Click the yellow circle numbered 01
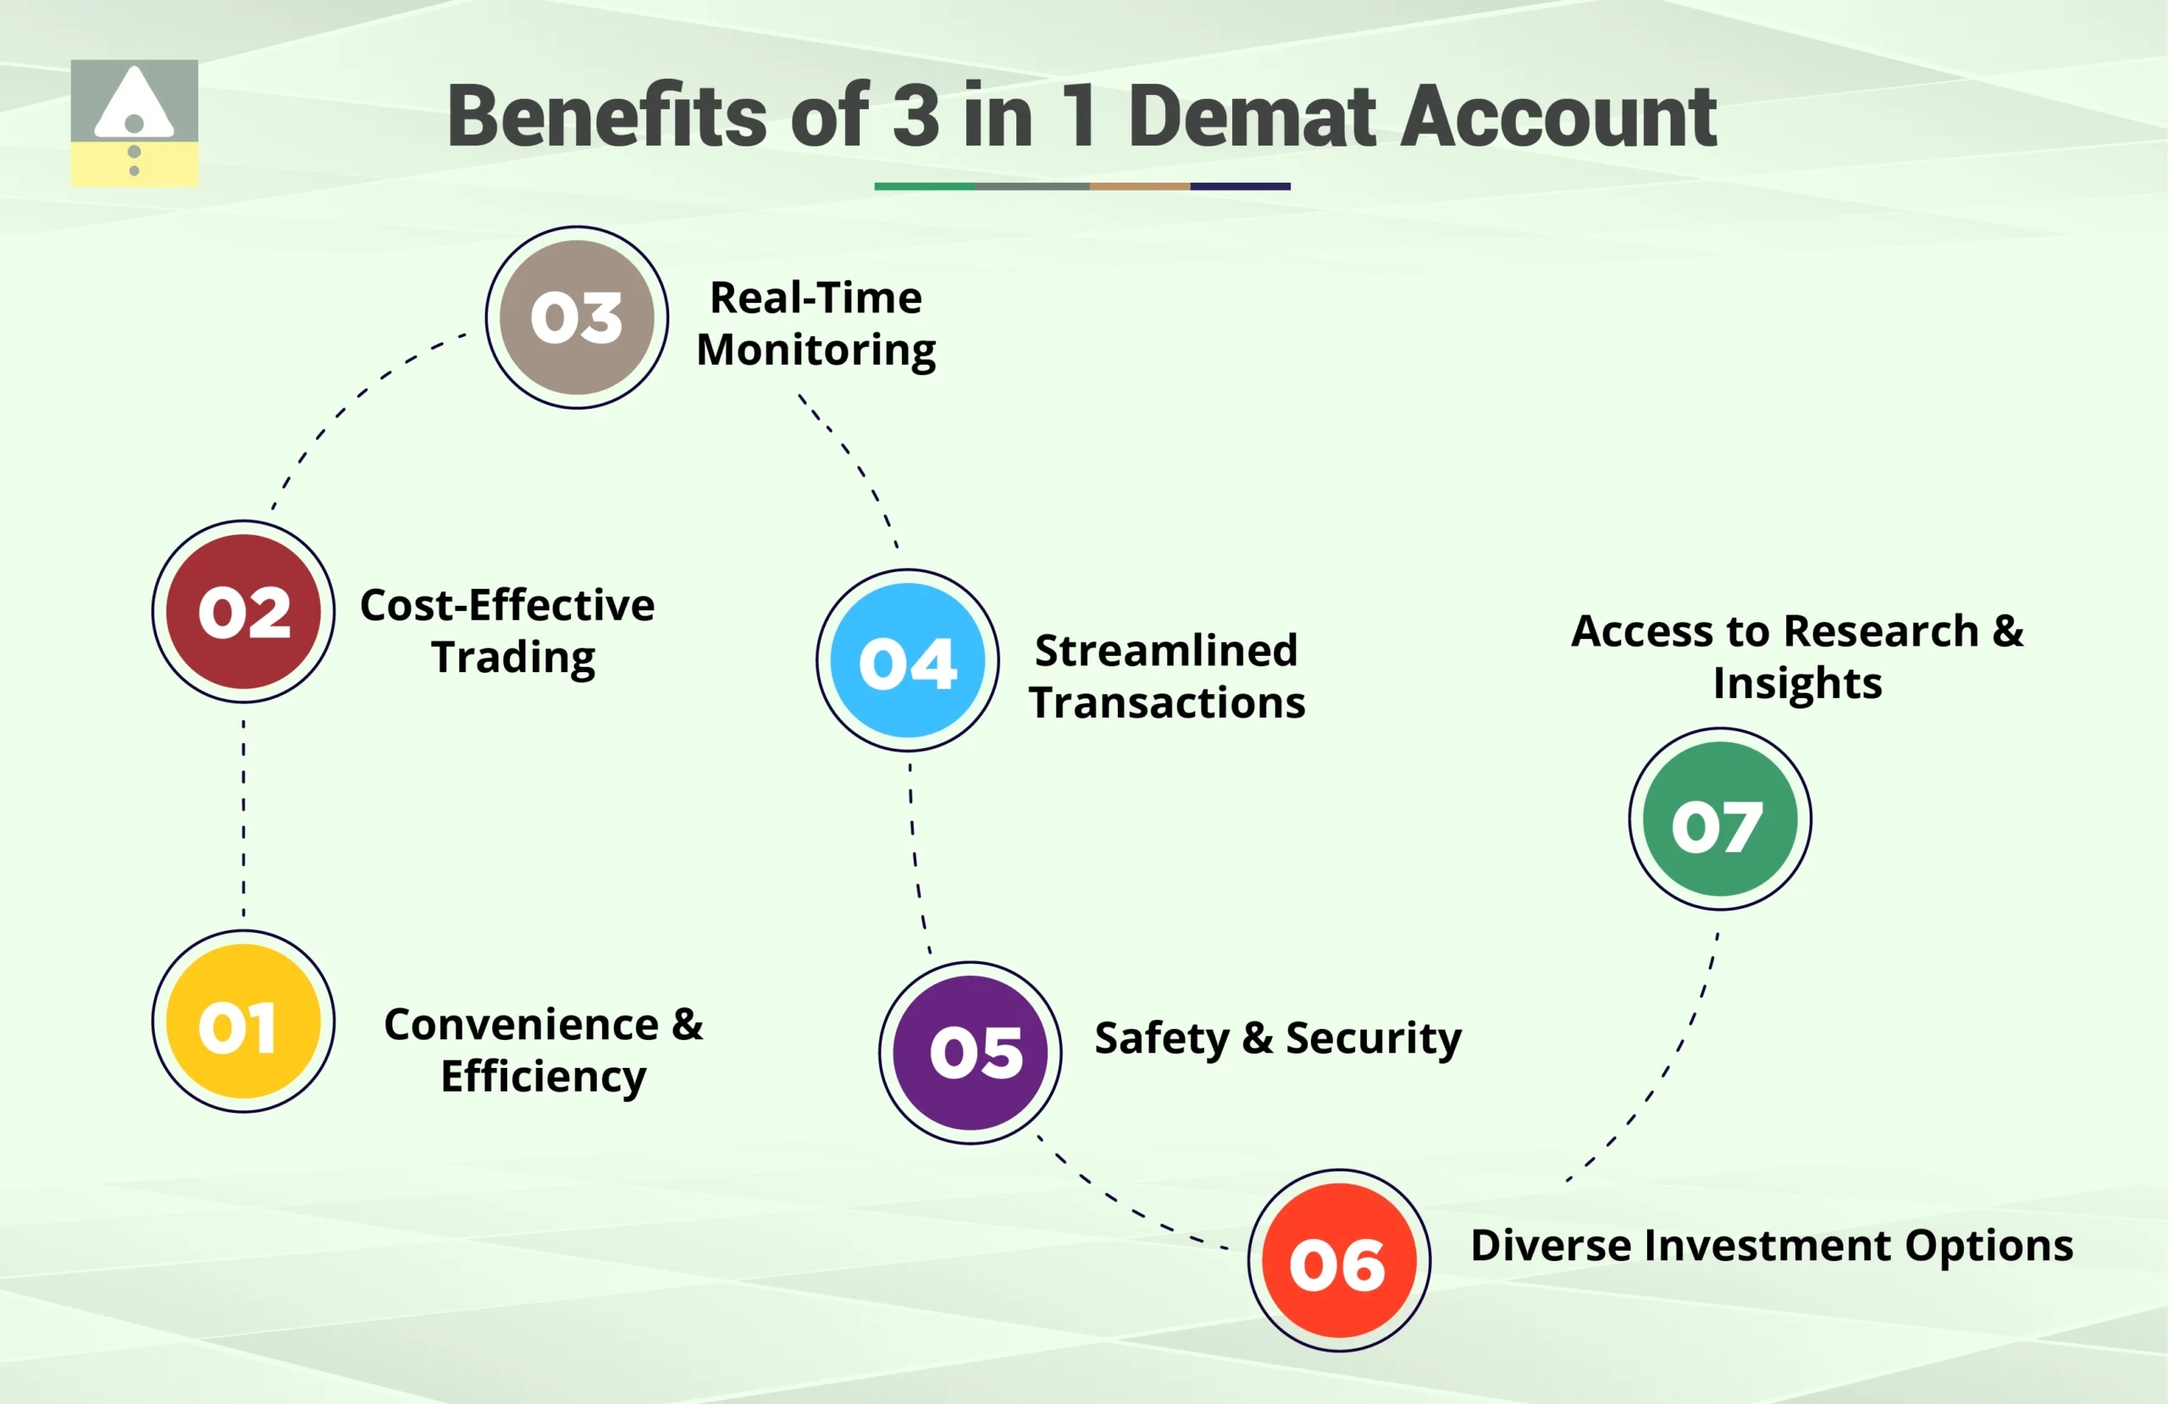pyautogui.click(x=243, y=1021)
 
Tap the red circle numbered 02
pyautogui.click(x=243, y=611)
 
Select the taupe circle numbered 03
pyautogui.click(x=577, y=317)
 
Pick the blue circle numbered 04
pyautogui.click(x=907, y=660)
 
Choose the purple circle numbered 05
pyautogui.click(x=971, y=1053)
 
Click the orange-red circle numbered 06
pyautogui.click(x=1338, y=1261)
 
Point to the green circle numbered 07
pyautogui.click(x=1719, y=818)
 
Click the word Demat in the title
pyautogui.click(x=1253, y=116)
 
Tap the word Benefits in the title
pyautogui.click(x=606, y=116)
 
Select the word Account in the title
pyautogui.click(x=1557, y=116)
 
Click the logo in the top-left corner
pyautogui.click(x=134, y=123)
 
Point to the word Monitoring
pyautogui.click(x=816, y=350)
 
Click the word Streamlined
pyautogui.click(x=1166, y=650)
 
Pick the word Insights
pyautogui.click(x=1796, y=684)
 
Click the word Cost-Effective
pyautogui.click(x=506, y=605)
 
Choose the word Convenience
pyautogui.click(x=521, y=1024)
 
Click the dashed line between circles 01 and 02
pyautogui.click(x=243, y=817)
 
